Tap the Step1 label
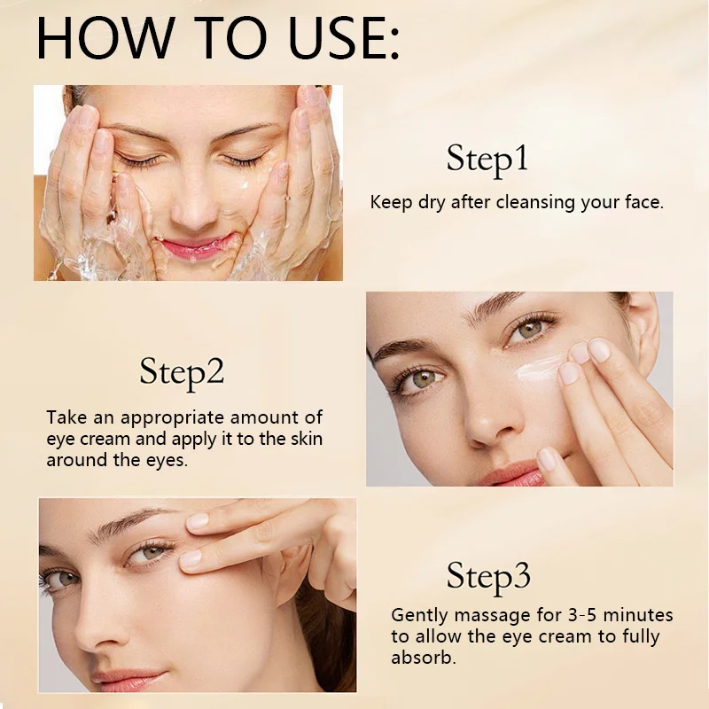point(487,160)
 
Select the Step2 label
point(182,372)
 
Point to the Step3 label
point(488,576)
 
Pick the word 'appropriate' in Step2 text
point(172,417)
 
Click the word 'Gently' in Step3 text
point(421,615)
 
